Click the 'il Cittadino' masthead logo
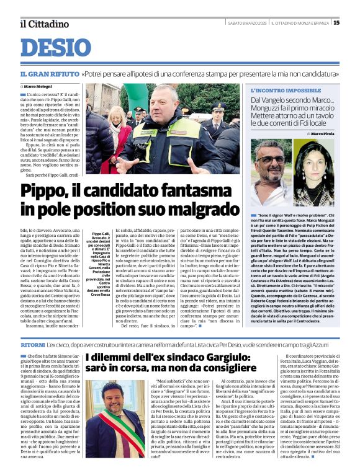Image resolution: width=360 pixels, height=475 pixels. [x=44, y=24]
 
